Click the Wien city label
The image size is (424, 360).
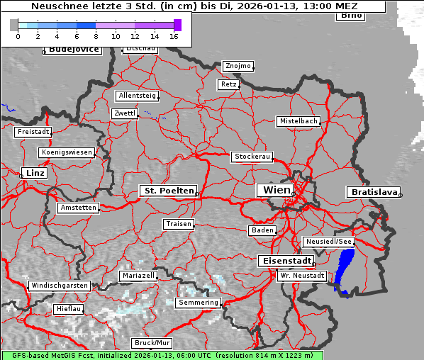[x=276, y=190]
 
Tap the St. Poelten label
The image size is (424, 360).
[x=167, y=191]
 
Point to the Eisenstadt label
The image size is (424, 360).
[x=284, y=261]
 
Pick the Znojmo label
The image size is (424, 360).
[x=238, y=66]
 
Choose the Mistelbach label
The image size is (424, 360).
[x=298, y=121]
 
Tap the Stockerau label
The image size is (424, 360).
[x=252, y=157]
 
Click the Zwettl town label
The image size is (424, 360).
[x=124, y=113]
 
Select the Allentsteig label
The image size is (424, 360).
[x=138, y=96]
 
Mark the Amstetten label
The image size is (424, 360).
[x=78, y=208]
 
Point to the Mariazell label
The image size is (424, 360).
[x=138, y=275]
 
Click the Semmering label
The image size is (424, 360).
[x=199, y=303]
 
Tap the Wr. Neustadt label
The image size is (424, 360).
[x=302, y=275]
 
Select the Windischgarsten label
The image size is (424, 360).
[x=59, y=286]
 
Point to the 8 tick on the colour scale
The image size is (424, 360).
[x=96, y=36]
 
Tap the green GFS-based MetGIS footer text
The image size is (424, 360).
[x=162, y=355]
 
